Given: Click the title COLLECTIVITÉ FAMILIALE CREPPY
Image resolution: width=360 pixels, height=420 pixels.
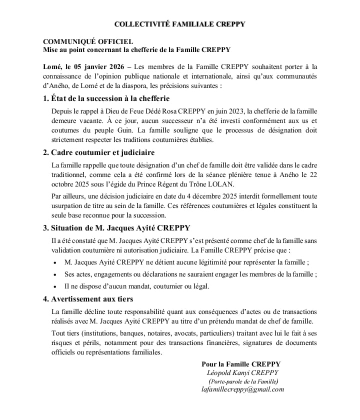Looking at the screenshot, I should [x=179, y=24].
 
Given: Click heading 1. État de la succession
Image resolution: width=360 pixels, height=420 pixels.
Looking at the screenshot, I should [x=106, y=98].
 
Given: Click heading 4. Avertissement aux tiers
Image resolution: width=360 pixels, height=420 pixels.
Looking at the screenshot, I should [x=88, y=299].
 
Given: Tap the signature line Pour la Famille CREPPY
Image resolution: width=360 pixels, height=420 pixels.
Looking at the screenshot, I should [x=241, y=364].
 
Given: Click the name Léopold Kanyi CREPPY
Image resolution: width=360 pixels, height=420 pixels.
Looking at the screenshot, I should [x=242, y=373].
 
